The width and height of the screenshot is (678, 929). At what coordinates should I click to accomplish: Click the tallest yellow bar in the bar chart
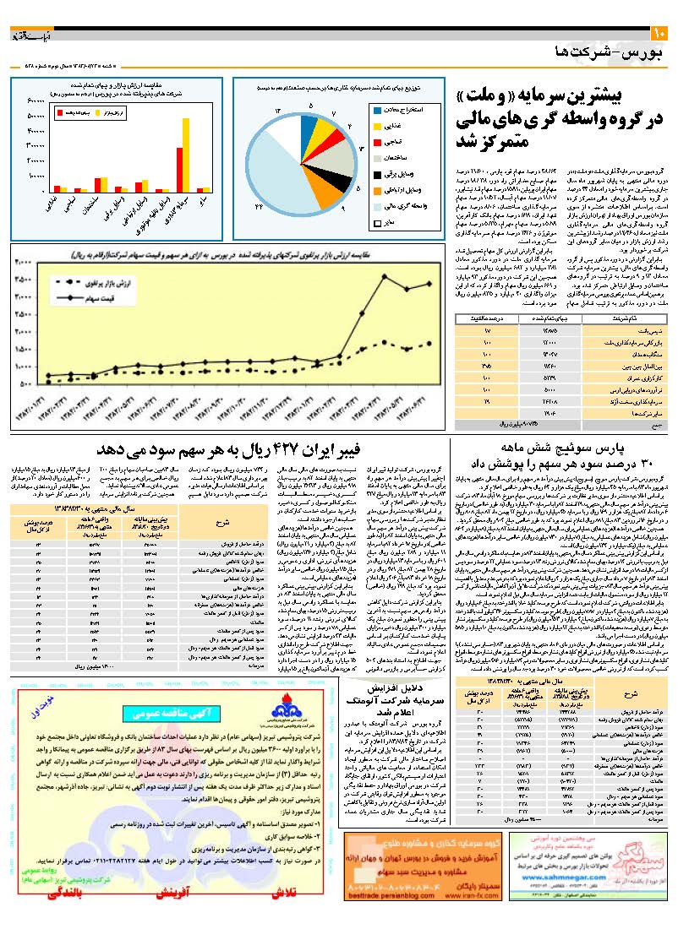[186, 155]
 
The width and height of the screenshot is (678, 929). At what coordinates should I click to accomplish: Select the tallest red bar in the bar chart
[179, 170]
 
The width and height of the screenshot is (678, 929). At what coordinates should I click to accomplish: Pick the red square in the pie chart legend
[378, 142]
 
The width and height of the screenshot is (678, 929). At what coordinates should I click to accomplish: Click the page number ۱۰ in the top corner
[659, 34]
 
